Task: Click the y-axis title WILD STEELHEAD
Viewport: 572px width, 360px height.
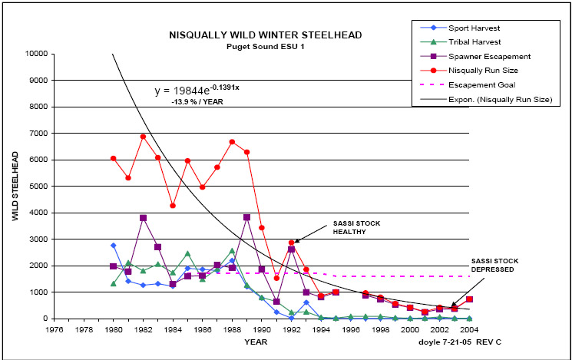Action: (14, 187)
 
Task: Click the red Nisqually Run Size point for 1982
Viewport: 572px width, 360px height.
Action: (143, 137)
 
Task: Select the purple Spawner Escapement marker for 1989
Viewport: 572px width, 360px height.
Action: (246, 217)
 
